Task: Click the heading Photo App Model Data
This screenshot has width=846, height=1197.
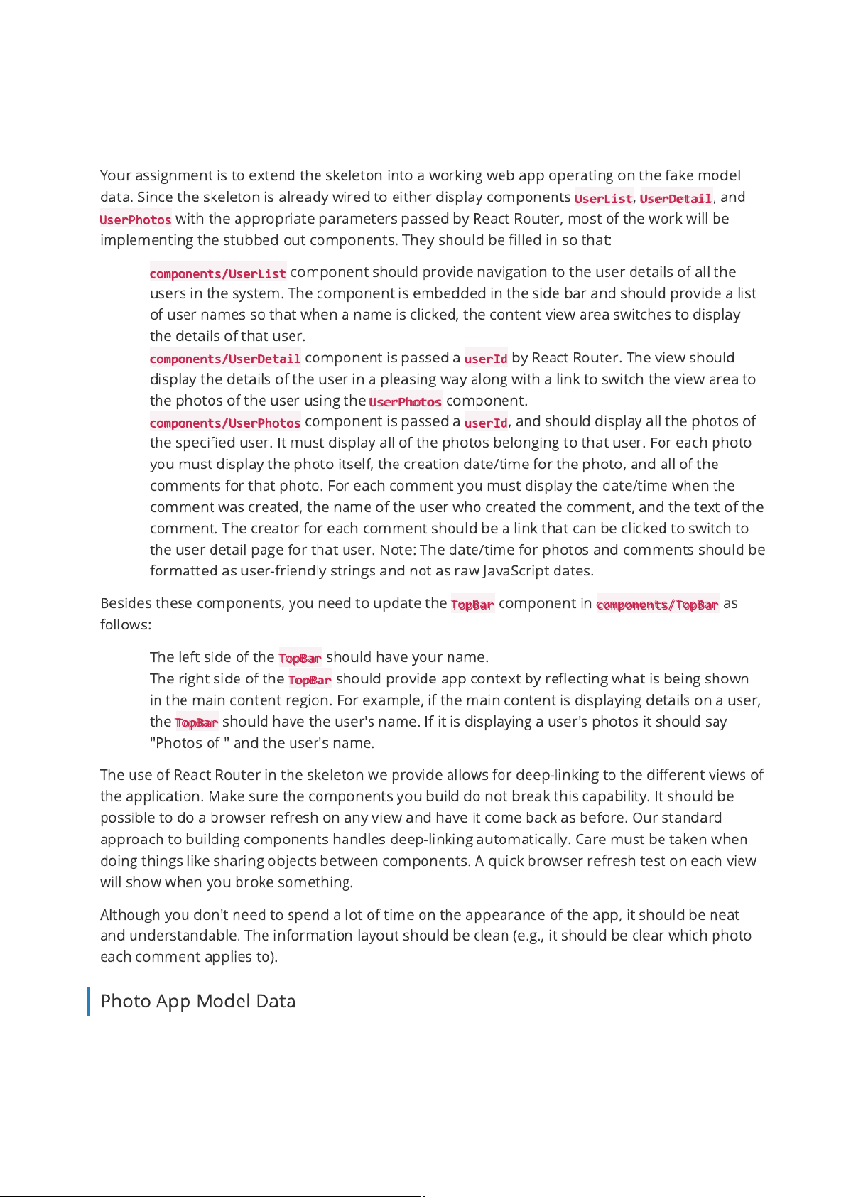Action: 197,1001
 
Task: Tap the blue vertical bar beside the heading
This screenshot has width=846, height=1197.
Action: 89,1001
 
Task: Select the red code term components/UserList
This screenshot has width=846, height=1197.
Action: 218,273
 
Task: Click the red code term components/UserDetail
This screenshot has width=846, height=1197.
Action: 225,359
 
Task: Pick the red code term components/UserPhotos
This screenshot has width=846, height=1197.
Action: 225,423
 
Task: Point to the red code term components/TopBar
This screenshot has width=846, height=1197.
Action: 657,605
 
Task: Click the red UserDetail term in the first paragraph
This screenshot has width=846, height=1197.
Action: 676,198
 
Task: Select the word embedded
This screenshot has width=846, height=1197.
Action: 452,293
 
